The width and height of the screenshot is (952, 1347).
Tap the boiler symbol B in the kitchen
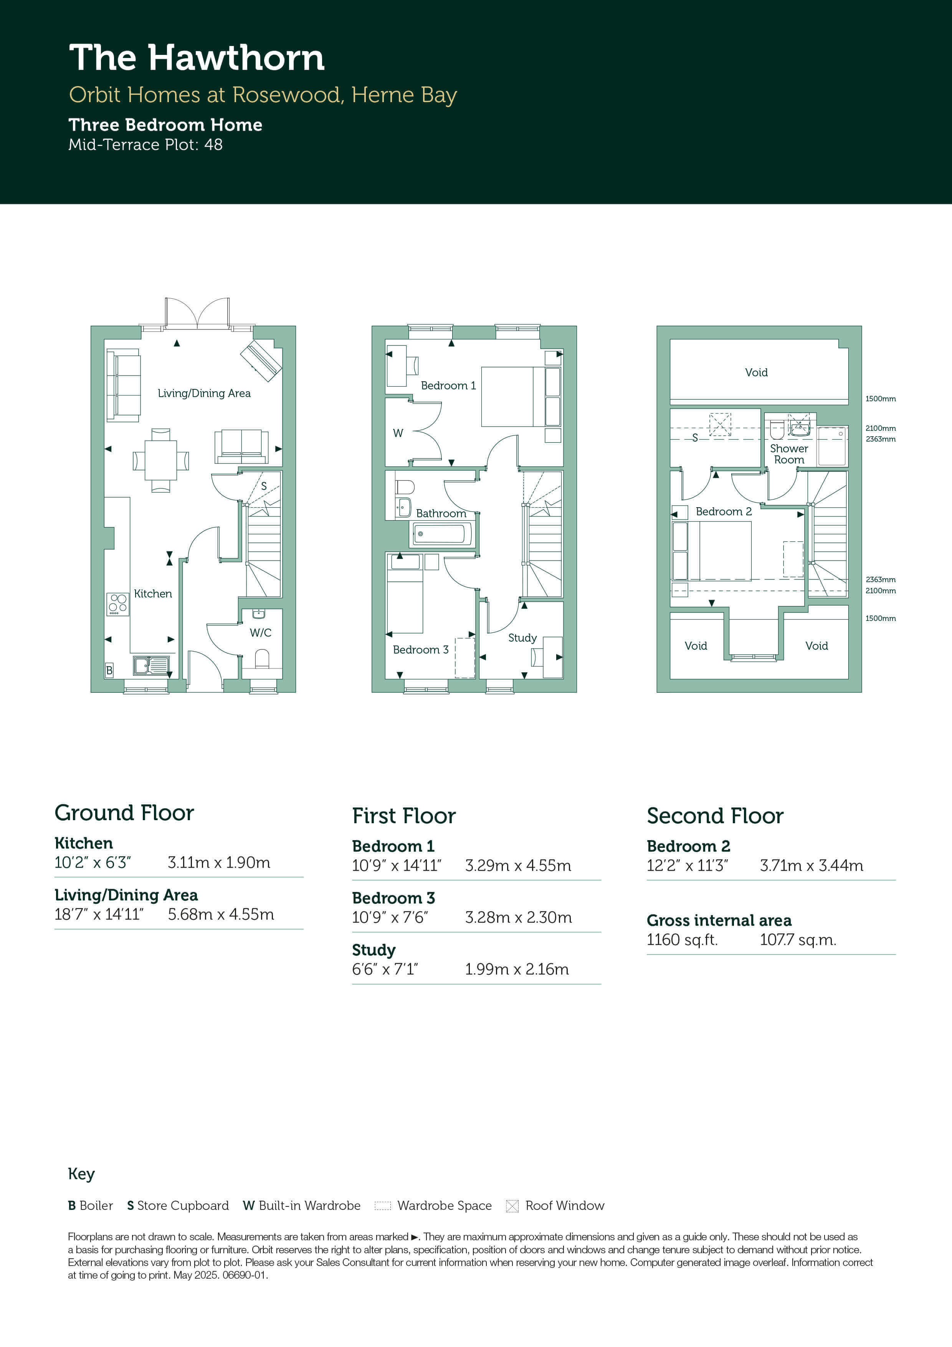pyautogui.click(x=109, y=670)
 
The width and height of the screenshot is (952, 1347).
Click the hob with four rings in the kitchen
pyautogui.click(x=118, y=604)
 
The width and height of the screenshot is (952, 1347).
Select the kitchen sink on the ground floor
pyautogui.click(x=151, y=665)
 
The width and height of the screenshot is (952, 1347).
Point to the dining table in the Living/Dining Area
pyautogui.click(x=161, y=460)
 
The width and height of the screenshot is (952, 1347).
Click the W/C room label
pyautogui.click(x=260, y=632)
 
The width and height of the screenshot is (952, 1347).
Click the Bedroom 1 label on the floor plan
pyautogui.click(x=448, y=386)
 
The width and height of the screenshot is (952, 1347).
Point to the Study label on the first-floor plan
pyautogui.click(x=522, y=638)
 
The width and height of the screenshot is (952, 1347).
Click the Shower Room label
pyautogui.click(x=789, y=454)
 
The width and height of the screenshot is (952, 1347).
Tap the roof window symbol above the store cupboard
pyautogui.click(x=720, y=424)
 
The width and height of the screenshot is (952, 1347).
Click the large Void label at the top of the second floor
pyautogui.click(x=756, y=372)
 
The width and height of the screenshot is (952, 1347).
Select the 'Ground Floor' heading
pyautogui.click(x=124, y=813)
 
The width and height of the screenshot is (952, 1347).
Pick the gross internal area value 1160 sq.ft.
pyautogui.click(x=682, y=940)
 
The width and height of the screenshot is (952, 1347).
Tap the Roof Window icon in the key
pyautogui.click(x=512, y=1206)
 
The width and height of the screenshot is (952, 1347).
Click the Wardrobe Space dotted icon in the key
pyautogui.click(x=382, y=1206)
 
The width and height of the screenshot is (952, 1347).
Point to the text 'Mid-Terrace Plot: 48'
pyautogui.click(x=145, y=145)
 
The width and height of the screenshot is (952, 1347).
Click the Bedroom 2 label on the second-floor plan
pyautogui.click(x=723, y=511)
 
